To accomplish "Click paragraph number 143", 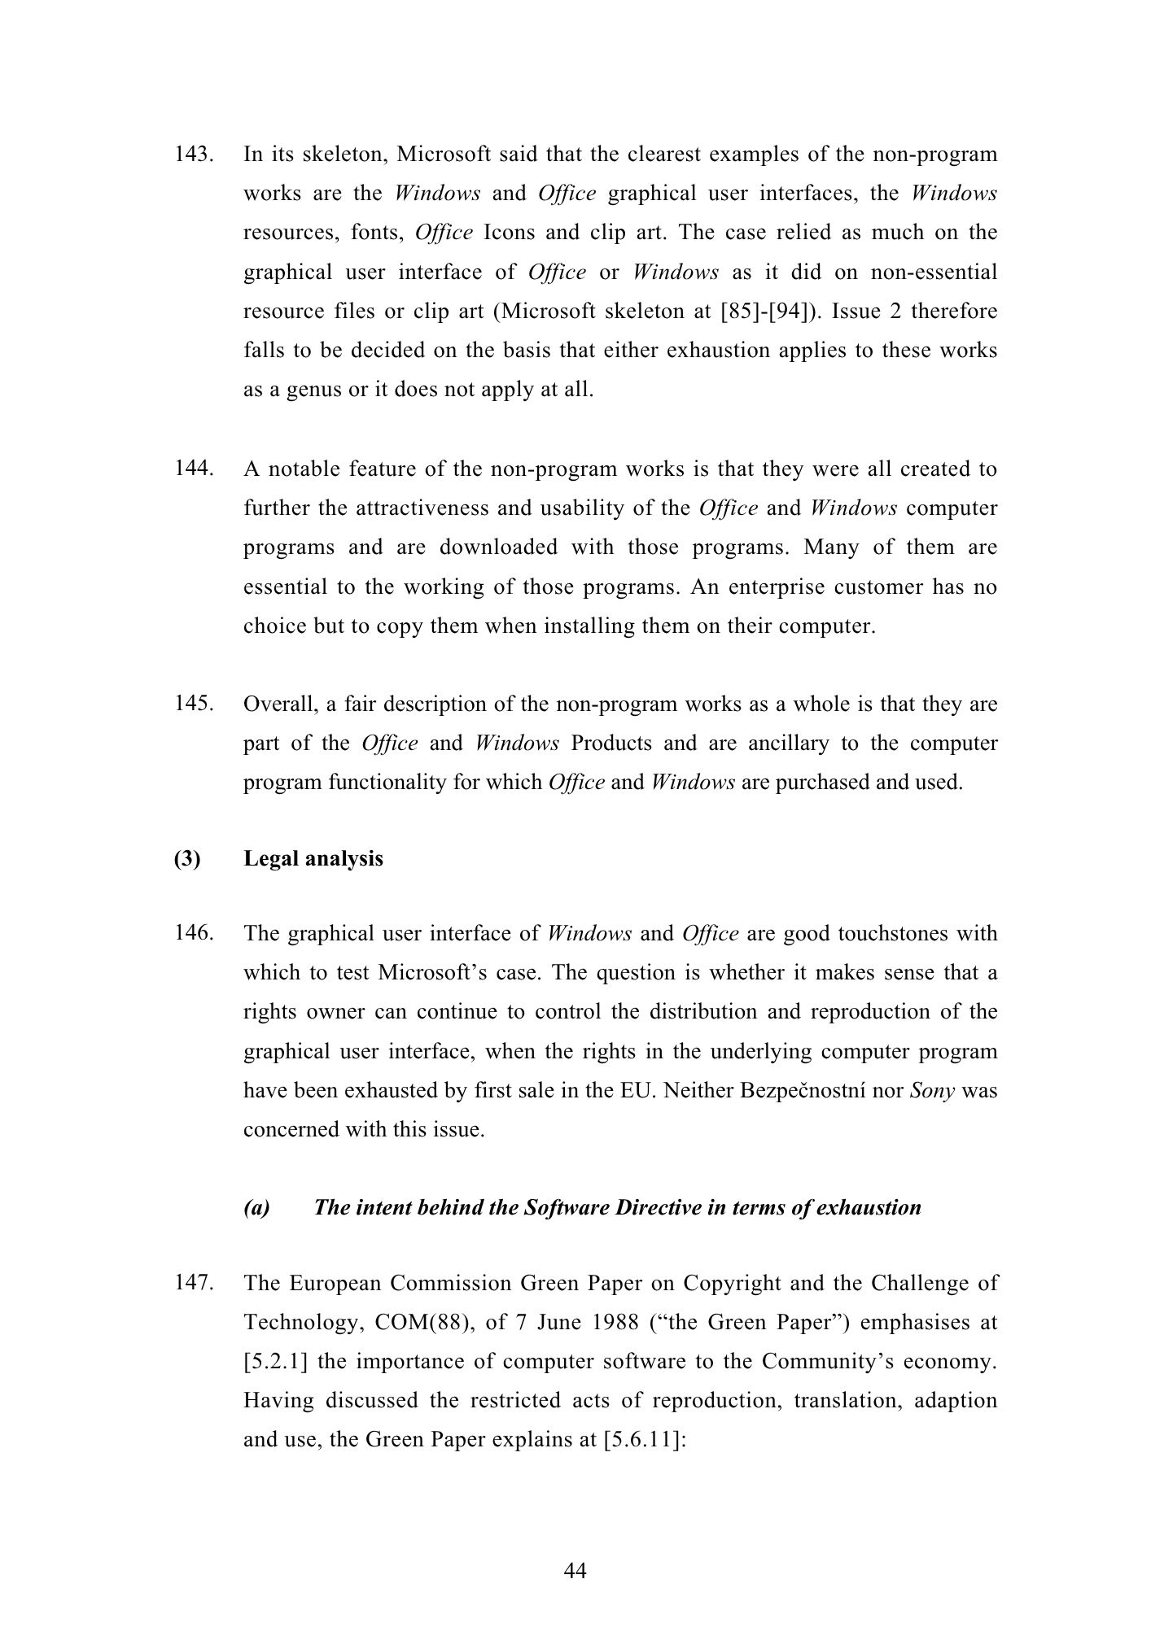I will tap(194, 154).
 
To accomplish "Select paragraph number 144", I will tap(194, 469).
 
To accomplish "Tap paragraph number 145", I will tap(194, 704).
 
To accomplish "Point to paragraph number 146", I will tap(194, 933).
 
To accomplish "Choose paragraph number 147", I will tap(194, 1283).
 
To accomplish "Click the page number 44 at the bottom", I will tap(575, 1571).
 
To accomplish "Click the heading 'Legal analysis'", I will tap(313, 859).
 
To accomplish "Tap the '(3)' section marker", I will tap(186, 859).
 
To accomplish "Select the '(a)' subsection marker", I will tap(256, 1207).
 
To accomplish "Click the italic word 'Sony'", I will tap(932, 1090).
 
